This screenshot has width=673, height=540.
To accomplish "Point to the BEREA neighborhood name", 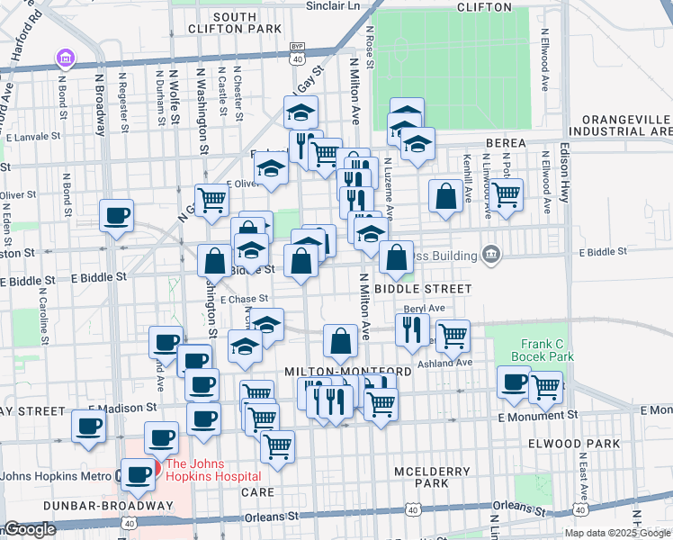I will (x=512, y=144).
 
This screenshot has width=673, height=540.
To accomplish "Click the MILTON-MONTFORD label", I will (x=348, y=372).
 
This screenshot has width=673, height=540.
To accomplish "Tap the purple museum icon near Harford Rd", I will (x=64, y=59).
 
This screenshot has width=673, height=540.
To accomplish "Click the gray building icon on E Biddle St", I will (x=490, y=255).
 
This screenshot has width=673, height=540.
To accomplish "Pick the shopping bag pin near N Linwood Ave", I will (x=445, y=195).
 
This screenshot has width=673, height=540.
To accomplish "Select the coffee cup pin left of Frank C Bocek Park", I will (x=514, y=382).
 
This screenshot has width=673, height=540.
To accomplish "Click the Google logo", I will (x=30, y=530).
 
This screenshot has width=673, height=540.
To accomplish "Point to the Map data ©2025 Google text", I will (x=617, y=533).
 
